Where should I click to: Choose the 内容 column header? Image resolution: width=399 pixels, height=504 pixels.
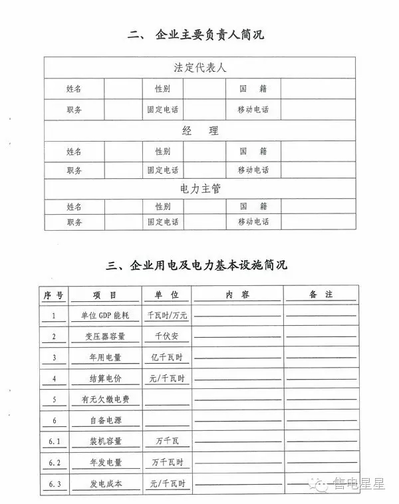[237, 295]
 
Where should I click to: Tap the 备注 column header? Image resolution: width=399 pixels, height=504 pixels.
[321, 294]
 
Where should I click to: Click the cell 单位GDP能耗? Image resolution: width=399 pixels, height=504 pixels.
[106, 316]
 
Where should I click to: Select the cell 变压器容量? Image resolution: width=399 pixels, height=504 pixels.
[106, 336]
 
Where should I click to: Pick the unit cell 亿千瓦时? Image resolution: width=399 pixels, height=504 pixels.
[166, 358]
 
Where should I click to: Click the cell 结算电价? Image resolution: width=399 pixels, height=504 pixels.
[106, 378]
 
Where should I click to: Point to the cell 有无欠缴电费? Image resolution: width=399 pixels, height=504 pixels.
[106, 400]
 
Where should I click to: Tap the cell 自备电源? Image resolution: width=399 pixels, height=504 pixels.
[106, 420]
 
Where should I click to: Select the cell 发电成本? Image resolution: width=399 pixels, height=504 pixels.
[106, 483]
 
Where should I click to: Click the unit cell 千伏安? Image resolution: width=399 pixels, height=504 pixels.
[166, 336]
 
